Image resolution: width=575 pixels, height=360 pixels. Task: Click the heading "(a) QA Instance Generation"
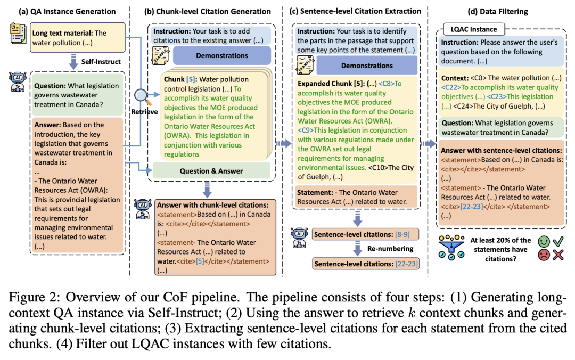coord(67,11)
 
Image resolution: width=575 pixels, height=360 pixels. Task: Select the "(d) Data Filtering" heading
coord(498,11)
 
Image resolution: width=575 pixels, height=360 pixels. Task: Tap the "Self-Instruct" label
coord(101,62)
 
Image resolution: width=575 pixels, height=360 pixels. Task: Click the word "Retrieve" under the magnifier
coord(144,111)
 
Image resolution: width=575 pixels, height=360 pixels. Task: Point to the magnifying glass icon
coord(142,96)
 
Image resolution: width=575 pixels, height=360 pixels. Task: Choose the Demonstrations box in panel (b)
coord(222,55)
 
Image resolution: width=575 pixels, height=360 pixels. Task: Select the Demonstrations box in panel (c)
coord(367,66)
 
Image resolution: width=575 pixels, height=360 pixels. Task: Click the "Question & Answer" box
coord(211,170)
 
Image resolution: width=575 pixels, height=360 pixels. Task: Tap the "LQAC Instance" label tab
coord(474,29)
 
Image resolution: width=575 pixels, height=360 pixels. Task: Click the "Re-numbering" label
coord(390,249)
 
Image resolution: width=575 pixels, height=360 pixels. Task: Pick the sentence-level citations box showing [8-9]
coord(365,234)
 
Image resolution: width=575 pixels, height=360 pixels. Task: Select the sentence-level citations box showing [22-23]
coord(365,264)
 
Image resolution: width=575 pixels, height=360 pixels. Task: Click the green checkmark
coord(558,241)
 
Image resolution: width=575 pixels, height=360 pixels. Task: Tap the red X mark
coord(558,255)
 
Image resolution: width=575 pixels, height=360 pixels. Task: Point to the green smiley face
coord(544,241)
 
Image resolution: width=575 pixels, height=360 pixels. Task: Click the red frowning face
coord(544,255)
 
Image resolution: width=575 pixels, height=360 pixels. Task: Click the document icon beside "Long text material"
coord(18,34)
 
